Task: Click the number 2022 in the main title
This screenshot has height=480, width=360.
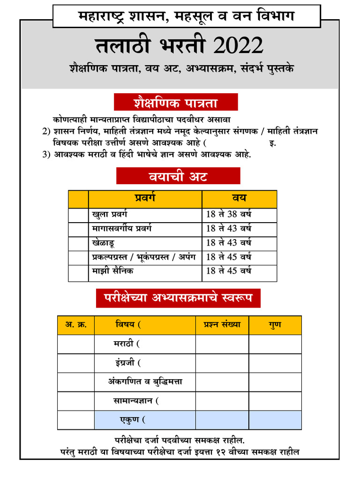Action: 238,46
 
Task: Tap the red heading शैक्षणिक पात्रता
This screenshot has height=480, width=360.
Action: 176,102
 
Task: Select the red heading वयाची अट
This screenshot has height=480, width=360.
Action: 178,176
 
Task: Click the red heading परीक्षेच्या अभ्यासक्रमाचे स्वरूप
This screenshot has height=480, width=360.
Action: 178,298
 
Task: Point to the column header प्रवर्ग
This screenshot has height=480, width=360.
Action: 145,199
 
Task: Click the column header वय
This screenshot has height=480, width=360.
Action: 239,199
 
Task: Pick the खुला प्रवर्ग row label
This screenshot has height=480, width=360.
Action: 110,215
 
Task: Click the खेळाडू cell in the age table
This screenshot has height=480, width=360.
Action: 104,243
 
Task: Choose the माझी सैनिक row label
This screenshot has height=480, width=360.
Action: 113,271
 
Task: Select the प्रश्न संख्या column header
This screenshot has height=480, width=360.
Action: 222,324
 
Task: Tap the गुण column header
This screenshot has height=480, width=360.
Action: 275,324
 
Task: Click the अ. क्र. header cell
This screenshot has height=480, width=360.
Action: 75,324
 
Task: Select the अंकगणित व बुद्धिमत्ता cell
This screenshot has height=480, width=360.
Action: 145,382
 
